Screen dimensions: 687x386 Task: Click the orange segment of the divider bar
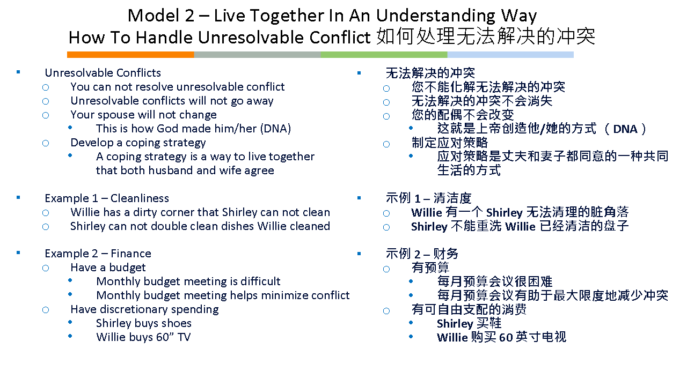click(x=130, y=55)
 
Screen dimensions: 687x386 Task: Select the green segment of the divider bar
click(x=384, y=55)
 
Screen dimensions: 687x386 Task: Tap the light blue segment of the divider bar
click(x=510, y=55)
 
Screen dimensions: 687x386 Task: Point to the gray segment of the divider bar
click(x=257, y=55)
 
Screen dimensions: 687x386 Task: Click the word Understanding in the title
click(x=435, y=16)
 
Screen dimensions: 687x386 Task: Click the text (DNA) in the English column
click(x=275, y=129)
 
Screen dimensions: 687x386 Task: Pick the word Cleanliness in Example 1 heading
click(x=140, y=198)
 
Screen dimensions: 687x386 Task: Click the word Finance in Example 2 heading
click(x=131, y=254)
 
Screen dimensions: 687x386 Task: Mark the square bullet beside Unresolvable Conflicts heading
click(x=18, y=72)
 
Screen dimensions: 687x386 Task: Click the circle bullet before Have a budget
click(x=46, y=269)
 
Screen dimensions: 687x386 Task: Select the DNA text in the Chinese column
click(x=625, y=129)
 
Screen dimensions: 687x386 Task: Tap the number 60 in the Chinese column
click(x=506, y=338)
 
